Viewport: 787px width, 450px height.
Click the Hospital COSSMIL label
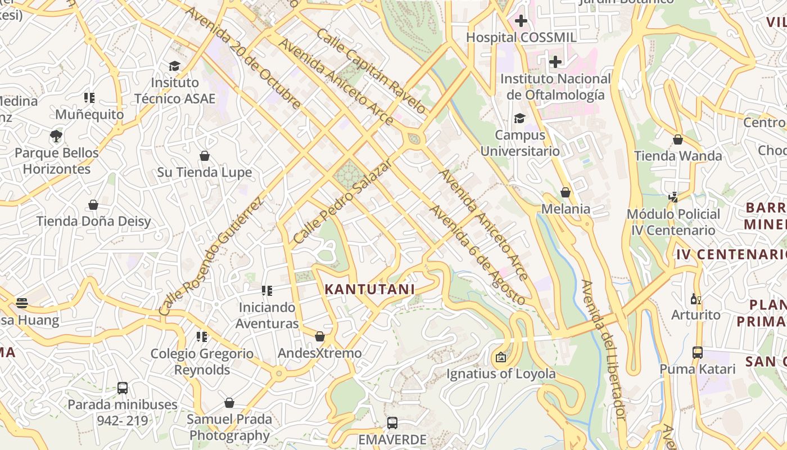pyautogui.click(x=522, y=38)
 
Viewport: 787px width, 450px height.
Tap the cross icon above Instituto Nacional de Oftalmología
pyautogui.click(x=555, y=62)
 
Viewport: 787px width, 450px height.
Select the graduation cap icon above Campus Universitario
pyautogui.click(x=519, y=118)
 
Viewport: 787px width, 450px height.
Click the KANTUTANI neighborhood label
pyautogui.click(x=370, y=290)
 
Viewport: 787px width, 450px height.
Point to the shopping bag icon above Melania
pyautogui.click(x=566, y=192)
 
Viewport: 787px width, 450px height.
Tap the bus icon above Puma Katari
pyautogui.click(x=698, y=353)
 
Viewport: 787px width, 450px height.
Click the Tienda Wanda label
pyautogui.click(x=678, y=156)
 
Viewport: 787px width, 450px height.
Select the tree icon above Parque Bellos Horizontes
pyautogui.click(x=56, y=136)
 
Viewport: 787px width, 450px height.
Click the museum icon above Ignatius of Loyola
pyautogui.click(x=500, y=357)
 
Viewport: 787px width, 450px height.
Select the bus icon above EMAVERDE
pyautogui.click(x=392, y=423)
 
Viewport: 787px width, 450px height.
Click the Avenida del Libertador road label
pyautogui.click(x=603, y=350)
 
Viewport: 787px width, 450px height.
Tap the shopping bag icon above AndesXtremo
pyautogui.click(x=320, y=336)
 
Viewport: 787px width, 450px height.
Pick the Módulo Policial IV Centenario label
pyautogui.click(x=673, y=222)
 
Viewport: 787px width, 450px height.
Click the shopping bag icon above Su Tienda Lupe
pyautogui.click(x=205, y=156)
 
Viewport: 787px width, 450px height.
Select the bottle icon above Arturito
pyautogui.click(x=695, y=299)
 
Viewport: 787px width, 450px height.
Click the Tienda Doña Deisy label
pyautogui.click(x=94, y=221)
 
